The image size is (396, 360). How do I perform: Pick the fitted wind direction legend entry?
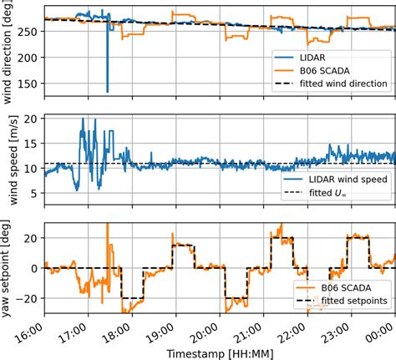click(340, 84)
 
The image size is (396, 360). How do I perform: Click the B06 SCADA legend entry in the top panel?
click(322, 70)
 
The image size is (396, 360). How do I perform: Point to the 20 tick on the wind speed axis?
click(32, 119)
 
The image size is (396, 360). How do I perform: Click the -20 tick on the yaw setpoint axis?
click(29, 299)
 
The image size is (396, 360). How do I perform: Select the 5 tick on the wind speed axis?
click(34, 194)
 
